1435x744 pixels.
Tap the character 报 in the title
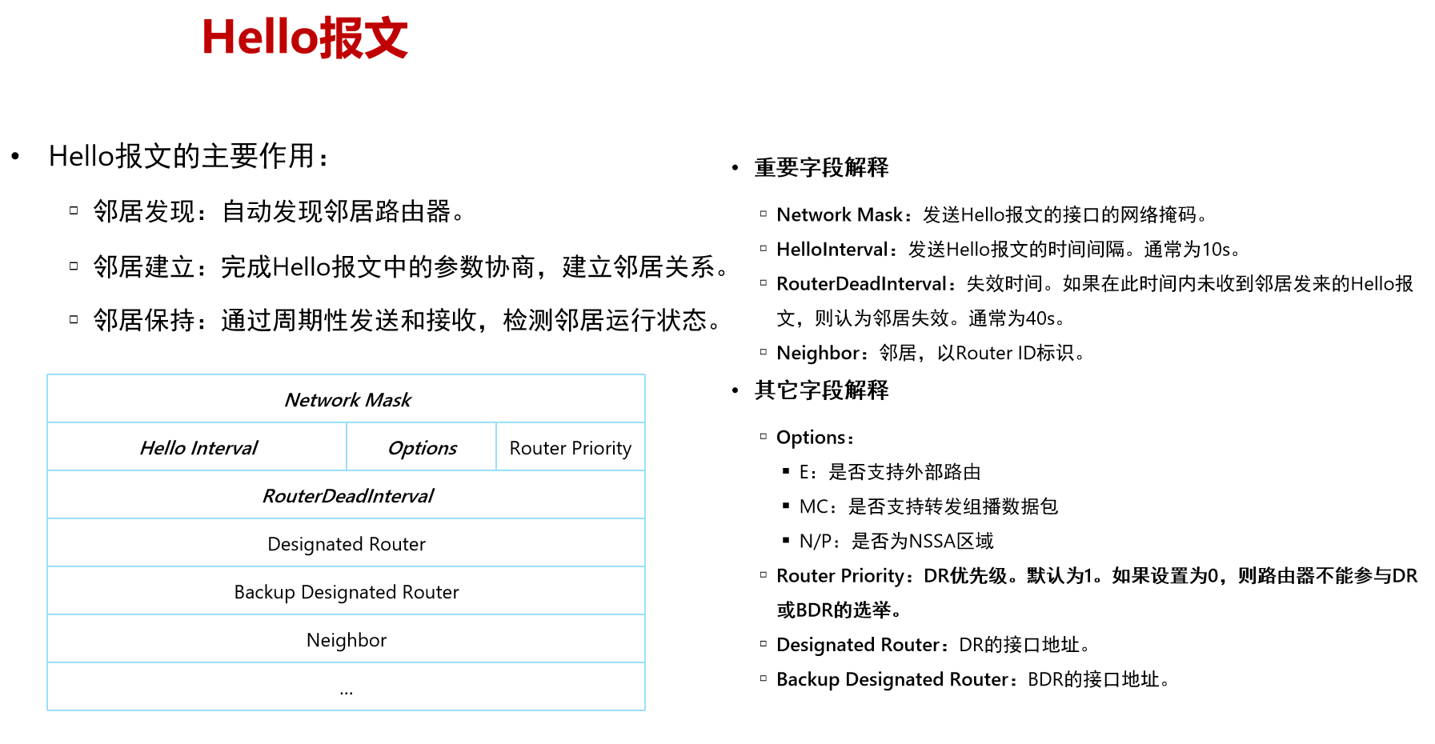[342, 38]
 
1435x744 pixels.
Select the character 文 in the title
[387, 38]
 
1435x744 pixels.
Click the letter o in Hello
[303, 41]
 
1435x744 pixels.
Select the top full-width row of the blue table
[346, 398]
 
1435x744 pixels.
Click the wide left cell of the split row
[197, 446]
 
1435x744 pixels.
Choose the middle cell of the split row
[421, 446]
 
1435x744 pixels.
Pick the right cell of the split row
[571, 446]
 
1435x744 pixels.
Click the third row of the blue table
[346, 494]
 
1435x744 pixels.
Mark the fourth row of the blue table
[346, 542]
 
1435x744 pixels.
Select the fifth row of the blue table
[346, 590]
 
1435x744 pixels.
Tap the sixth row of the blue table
[346, 638]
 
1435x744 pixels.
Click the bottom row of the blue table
[346, 686]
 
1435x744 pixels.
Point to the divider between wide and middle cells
[347, 446]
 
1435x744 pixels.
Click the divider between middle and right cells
[496, 446]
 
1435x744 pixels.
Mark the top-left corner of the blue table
[48, 374]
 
